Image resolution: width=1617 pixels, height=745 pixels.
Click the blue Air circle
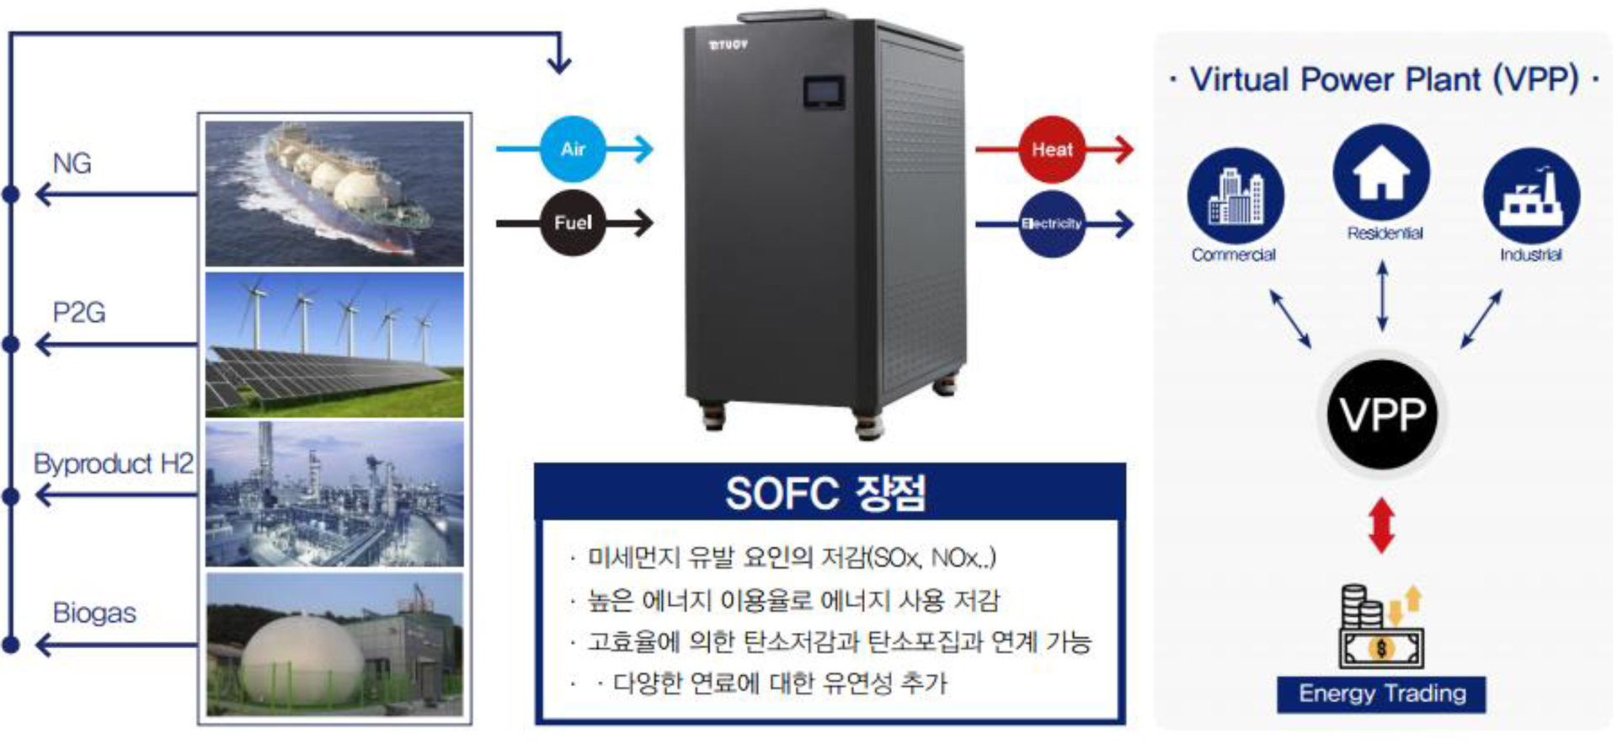[x=573, y=149]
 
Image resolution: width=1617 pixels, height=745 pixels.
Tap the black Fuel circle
[x=573, y=222]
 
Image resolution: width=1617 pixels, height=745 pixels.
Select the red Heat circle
[x=1052, y=149]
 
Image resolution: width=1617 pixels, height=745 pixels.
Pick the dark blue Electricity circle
[x=1052, y=223]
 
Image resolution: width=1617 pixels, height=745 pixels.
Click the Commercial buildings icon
[x=1235, y=196]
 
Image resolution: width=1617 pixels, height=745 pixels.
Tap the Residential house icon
[x=1381, y=173]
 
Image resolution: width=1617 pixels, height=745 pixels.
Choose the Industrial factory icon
[x=1531, y=196]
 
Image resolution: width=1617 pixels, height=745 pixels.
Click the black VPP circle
[x=1382, y=415]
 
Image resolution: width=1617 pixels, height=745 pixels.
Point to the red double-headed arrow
[x=1382, y=525]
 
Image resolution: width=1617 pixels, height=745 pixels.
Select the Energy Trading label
[x=1381, y=694]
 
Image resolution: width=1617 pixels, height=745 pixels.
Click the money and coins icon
[x=1381, y=627]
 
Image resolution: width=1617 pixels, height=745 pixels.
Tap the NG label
[x=72, y=163]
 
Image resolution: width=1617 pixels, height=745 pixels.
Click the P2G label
[x=79, y=313]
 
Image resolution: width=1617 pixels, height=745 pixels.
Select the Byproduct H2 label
[x=114, y=464]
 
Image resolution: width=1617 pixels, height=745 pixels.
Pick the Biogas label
[x=94, y=613]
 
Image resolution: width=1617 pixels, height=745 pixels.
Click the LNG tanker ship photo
[x=334, y=194]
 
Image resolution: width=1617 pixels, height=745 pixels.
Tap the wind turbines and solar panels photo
[x=334, y=345]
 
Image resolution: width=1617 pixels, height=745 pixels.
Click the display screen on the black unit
[x=824, y=93]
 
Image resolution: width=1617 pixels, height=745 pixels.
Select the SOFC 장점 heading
[x=826, y=494]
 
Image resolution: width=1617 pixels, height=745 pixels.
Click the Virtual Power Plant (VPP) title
[x=1384, y=80]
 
